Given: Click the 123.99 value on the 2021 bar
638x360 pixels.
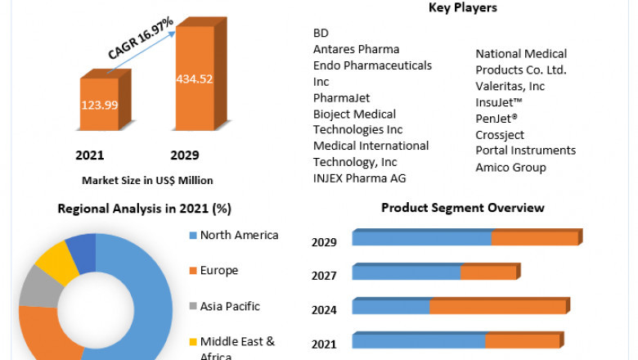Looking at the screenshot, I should tap(98, 105).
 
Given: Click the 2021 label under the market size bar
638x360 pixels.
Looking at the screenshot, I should tap(90, 155).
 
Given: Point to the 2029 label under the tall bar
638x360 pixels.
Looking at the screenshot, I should tap(184, 155).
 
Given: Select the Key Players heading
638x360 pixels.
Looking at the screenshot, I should tap(462, 8).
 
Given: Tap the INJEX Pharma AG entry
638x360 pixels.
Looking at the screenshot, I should tap(359, 178).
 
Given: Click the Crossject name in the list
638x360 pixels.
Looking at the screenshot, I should tap(500, 135).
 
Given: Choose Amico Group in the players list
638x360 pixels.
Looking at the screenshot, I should tap(510, 168).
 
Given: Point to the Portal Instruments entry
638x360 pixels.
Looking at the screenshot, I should tap(525, 151).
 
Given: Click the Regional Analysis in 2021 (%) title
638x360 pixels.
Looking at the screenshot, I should tap(144, 209).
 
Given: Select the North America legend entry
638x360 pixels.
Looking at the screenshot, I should tap(239, 236).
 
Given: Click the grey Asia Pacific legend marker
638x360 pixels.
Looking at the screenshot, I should tap(193, 307).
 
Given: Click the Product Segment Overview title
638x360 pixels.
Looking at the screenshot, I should tap(462, 209).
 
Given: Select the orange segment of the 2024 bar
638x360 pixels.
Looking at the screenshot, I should tap(497, 307).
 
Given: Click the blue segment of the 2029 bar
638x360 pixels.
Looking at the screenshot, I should tap(421, 238).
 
